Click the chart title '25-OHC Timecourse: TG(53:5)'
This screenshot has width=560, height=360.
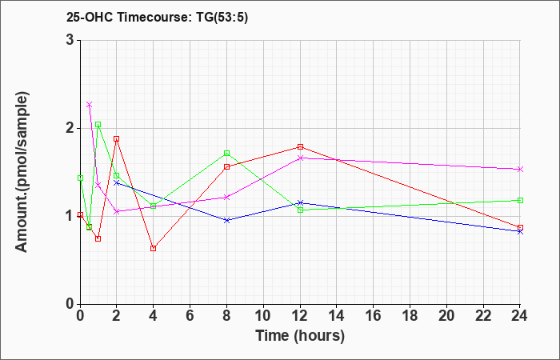click(x=157, y=17)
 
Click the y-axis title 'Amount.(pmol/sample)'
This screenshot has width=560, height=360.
click(x=22, y=172)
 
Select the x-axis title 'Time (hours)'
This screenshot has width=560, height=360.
click(x=300, y=336)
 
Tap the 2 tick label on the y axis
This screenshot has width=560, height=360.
click(x=70, y=128)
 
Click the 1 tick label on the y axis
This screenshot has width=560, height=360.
click(x=70, y=216)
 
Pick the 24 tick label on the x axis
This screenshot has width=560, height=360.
click(x=520, y=316)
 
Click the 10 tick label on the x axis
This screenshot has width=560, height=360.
click(x=263, y=316)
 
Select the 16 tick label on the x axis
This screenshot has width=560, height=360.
click(x=374, y=316)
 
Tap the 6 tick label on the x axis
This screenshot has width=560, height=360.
click(x=190, y=316)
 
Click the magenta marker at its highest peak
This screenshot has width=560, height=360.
click(x=90, y=104)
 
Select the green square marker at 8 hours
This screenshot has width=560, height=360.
click(x=226, y=153)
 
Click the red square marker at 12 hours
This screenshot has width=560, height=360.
click(x=300, y=146)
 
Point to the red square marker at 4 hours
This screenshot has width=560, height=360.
click(x=154, y=248)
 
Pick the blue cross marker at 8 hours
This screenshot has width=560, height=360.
click(x=226, y=220)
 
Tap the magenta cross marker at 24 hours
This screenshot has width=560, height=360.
click(x=520, y=169)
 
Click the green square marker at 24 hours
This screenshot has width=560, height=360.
click(x=520, y=200)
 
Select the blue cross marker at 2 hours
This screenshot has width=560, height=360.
click(x=117, y=182)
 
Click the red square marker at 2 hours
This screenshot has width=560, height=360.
click(x=117, y=138)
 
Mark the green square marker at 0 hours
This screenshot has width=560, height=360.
click(x=80, y=178)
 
